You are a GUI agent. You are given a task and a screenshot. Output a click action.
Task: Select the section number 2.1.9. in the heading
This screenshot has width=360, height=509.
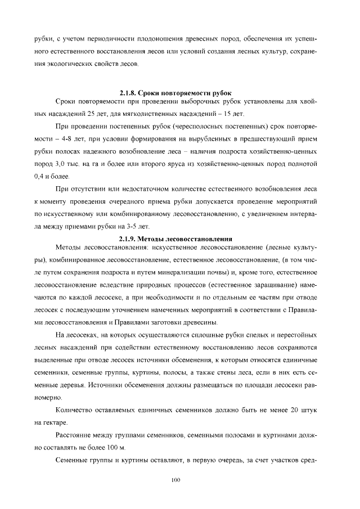click(x=129, y=240)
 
